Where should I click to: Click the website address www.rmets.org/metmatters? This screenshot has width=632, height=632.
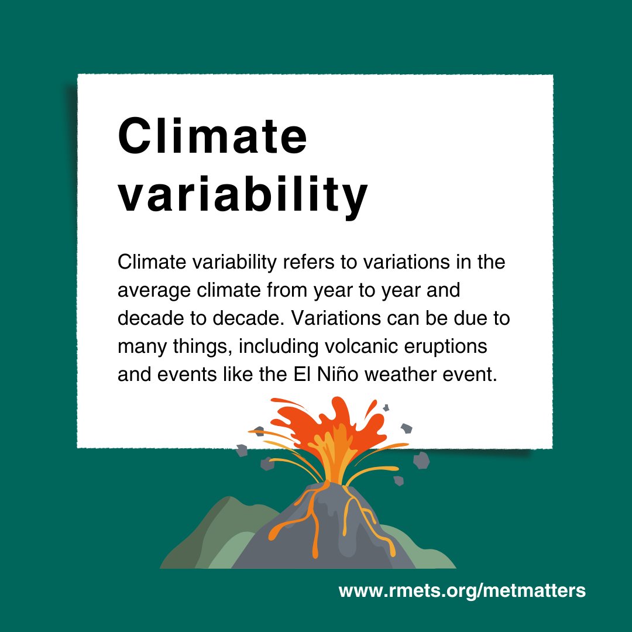(462, 590)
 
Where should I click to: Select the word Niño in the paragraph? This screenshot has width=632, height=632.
(340, 375)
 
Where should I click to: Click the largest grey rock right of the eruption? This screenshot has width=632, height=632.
(421, 461)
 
